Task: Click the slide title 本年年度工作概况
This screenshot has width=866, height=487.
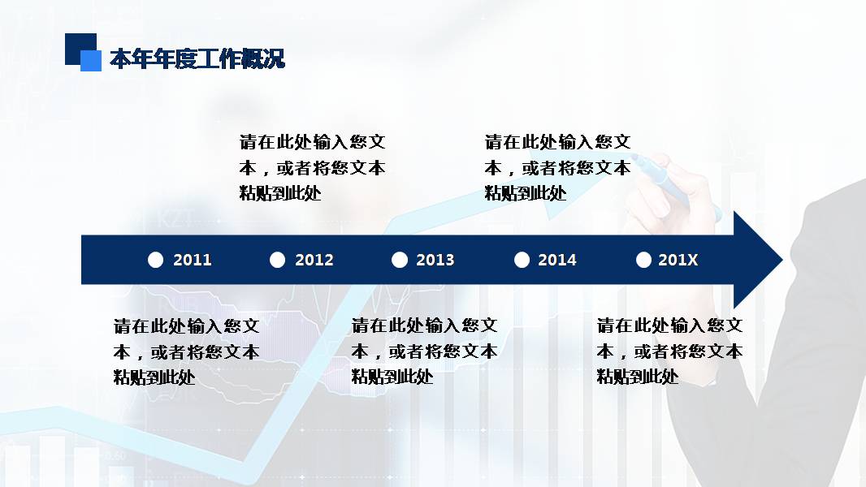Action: [197, 59]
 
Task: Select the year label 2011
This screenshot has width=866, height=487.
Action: [193, 260]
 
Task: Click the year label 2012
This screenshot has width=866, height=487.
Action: [314, 260]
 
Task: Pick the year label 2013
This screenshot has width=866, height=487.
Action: [435, 260]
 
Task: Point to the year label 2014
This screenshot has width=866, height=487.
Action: [557, 260]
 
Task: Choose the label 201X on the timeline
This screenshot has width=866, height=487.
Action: [678, 260]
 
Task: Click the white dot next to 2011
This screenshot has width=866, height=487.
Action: [156, 260]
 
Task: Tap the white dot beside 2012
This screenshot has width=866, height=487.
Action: [278, 260]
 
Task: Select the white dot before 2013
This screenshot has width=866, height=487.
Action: [399, 260]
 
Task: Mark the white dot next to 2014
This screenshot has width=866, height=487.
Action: [522, 260]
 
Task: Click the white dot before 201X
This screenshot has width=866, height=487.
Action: [643, 260]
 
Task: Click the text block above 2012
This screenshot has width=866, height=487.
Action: [313, 168]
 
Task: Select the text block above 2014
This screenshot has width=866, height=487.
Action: [558, 168]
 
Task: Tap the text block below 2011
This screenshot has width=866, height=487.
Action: [187, 351]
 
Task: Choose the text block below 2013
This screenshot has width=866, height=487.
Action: [424, 351]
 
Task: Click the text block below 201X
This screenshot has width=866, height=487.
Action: [670, 351]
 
